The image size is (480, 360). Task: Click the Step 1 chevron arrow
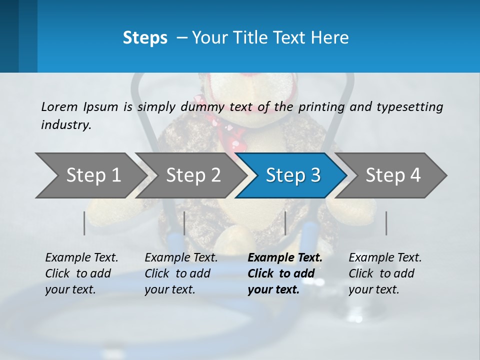[92, 175]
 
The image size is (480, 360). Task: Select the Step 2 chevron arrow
[192, 175]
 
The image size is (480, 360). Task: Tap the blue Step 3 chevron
[292, 175]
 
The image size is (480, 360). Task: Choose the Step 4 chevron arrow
[392, 175]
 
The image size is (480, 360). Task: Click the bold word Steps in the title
[145, 38]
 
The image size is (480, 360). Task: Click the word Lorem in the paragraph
[58, 106]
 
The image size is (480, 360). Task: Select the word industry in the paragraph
[66, 124]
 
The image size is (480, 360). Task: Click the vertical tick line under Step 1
[84, 223]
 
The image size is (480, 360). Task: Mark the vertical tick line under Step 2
[184, 223]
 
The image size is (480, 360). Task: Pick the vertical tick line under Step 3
[285, 223]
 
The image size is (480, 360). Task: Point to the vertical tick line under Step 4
[386, 223]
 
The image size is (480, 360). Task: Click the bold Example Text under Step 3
[285, 258]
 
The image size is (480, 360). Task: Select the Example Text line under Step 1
[81, 258]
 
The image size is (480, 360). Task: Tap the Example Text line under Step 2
[181, 258]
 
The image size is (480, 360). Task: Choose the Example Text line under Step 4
[385, 258]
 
